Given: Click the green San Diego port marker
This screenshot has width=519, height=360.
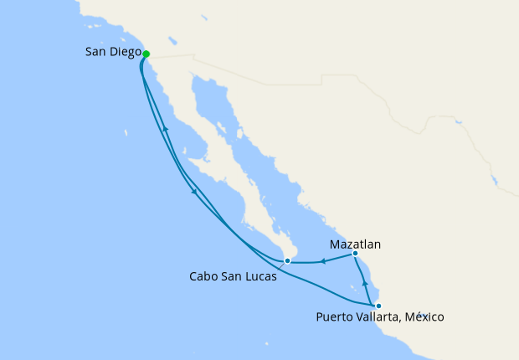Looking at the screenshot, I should click(x=146, y=54).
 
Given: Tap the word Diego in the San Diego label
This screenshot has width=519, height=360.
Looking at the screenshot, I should click(x=123, y=52).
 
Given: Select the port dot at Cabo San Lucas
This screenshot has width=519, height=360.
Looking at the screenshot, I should click(x=287, y=261).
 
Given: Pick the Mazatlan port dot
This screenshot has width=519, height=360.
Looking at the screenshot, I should click(x=355, y=253).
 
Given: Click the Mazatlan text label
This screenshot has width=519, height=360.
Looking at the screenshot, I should click(x=355, y=244).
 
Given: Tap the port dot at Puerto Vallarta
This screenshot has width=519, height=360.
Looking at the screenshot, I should click(x=378, y=306).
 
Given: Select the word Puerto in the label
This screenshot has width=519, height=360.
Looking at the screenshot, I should click(x=336, y=317).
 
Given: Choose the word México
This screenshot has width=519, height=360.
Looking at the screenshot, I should click(x=426, y=317).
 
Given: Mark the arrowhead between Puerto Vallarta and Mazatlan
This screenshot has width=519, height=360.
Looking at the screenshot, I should click(x=365, y=285).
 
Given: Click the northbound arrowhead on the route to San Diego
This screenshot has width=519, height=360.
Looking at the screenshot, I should click(x=166, y=129).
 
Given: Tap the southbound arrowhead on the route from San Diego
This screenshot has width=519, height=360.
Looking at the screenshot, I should click(x=195, y=191).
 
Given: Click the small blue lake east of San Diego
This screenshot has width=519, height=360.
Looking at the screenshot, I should click(x=172, y=40).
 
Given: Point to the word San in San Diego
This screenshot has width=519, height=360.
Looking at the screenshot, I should click(x=95, y=52).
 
